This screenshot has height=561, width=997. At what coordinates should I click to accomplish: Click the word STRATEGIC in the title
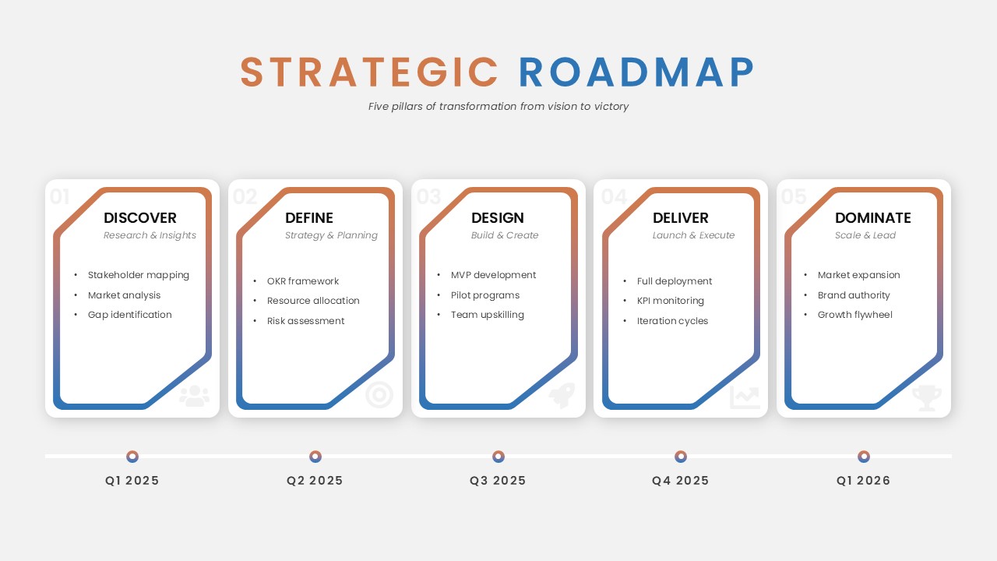tap(369, 72)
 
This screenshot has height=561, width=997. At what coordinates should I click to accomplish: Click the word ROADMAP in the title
tap(636, 72)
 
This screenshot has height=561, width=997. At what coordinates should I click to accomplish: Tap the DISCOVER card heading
tap(139, 217)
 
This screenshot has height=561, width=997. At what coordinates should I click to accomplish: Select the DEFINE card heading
tap(309, 217)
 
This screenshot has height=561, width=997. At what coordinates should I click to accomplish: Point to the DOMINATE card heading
tap(873, 217)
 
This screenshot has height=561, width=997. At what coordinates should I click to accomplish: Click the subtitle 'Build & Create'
tap(505, 235)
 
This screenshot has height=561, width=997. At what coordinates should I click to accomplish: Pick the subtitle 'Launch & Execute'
tap(693, 235)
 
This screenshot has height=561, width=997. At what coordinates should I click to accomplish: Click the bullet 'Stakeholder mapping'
tap(139, 275)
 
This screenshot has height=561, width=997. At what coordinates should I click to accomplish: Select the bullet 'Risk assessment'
tap(305, 321)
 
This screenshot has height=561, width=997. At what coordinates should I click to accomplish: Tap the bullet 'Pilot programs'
tap(485, 295)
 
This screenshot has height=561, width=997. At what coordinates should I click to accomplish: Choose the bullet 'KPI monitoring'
tap(671, 301)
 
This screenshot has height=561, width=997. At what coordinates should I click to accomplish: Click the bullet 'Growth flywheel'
tap(855, 315)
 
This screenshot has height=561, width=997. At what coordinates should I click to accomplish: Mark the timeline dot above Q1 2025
tap(132, 457)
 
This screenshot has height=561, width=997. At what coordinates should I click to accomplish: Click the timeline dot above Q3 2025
tap(498, 457)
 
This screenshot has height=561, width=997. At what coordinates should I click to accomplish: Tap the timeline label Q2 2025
tap(315, 481)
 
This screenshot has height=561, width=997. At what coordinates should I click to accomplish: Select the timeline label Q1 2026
tap(864, 481)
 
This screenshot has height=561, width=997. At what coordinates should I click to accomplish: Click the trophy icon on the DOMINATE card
tap(927, 397)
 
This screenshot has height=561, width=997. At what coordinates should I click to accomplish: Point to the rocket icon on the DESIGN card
tap(562, 395)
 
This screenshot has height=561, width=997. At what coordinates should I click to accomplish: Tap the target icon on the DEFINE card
tap(379, 395)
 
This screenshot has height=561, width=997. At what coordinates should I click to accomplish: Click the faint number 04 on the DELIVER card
tap(615, 196)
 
